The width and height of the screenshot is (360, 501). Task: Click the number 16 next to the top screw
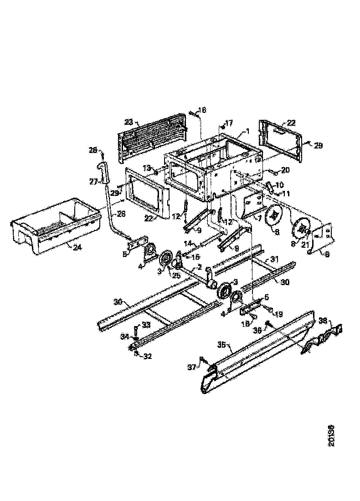point(202,110)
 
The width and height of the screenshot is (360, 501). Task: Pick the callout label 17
point(228,123)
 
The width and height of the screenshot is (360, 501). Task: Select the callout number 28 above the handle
point(93,150)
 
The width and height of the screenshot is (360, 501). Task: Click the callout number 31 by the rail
point(274,259)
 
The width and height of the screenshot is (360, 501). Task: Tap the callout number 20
point(285,170)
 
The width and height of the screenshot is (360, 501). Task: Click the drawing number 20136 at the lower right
point(331,436)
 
